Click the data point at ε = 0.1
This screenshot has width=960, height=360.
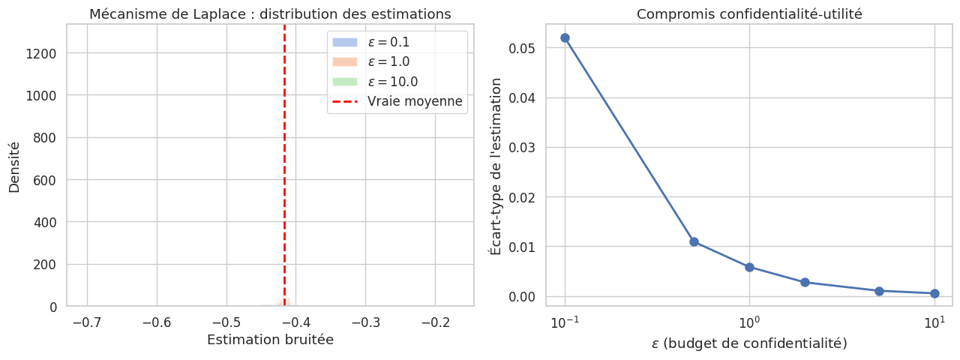[565, 37]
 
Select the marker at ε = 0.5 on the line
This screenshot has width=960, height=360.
[694, 241]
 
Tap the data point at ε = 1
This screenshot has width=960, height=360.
[749, 267]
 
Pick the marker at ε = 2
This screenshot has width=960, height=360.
[805, 282]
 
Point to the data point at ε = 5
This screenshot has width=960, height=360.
[879, 291]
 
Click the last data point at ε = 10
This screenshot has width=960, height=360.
[934, 293]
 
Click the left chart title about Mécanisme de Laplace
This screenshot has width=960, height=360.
[270, 14]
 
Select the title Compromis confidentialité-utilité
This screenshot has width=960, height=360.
[749, 14]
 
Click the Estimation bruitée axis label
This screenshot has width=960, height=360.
[270, 340]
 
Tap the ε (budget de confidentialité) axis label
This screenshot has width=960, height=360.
[749, 343]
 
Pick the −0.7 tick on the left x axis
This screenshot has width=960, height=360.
[87, 322]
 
